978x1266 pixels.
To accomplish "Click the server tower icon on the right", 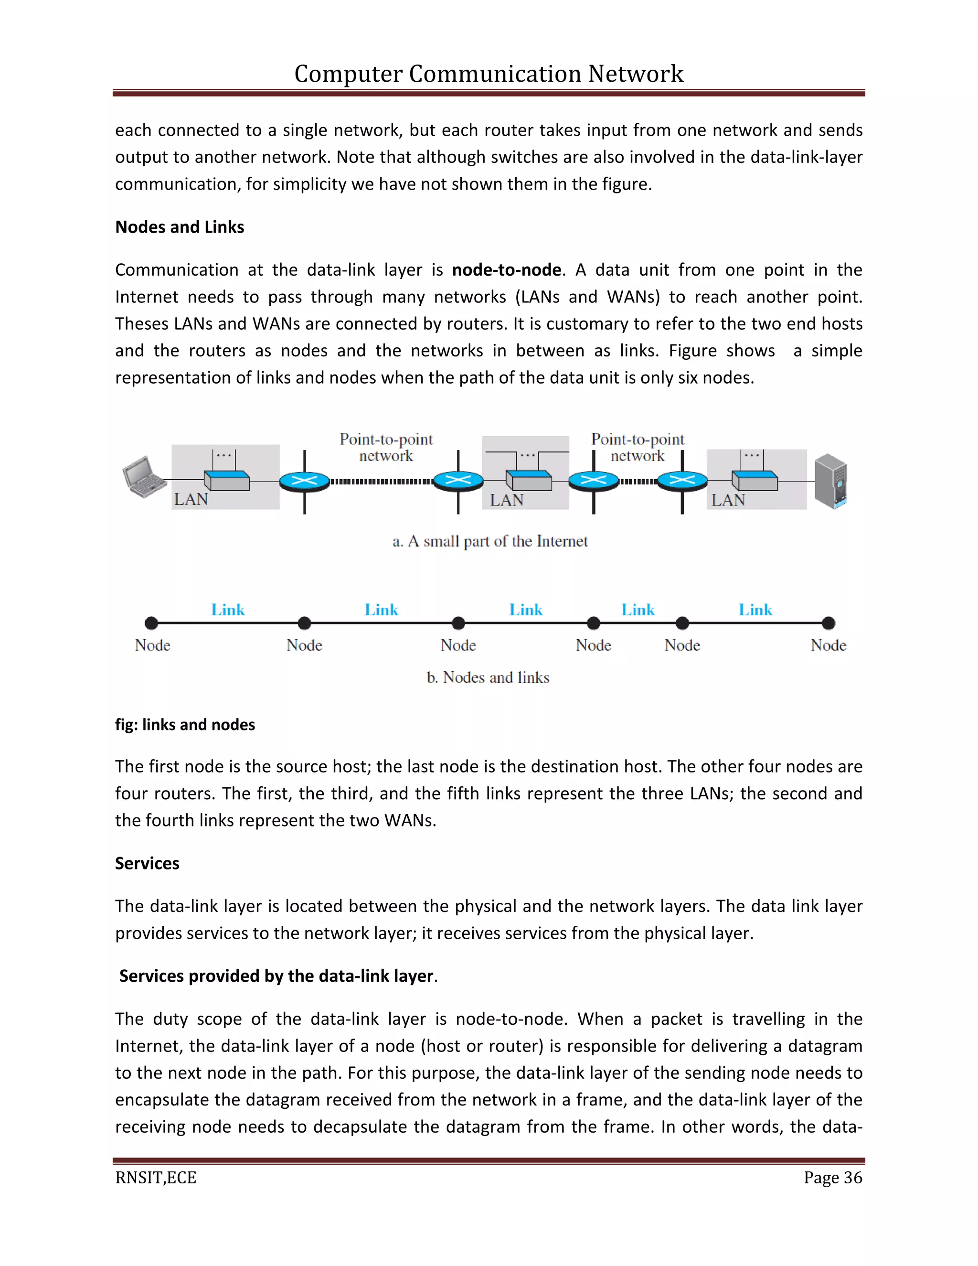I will [831, 481].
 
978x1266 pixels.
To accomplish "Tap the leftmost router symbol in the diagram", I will [304, 481].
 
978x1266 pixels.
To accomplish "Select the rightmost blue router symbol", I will [682, 481].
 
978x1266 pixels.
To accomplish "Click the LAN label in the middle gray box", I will [506, 500].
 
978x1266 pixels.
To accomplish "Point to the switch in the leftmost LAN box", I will [226, 481].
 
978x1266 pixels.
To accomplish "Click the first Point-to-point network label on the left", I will [386, 447].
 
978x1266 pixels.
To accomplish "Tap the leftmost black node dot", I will [151, 623].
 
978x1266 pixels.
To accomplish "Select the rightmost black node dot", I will [829, 623].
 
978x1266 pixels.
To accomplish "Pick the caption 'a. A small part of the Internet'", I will [489, 541].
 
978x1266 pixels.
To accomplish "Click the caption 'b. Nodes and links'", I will [488, 677].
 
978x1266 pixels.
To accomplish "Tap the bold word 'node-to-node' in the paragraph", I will [506, 269].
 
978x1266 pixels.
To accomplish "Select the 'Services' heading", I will [147, 863].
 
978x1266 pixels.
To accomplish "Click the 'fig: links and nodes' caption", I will [185, 725].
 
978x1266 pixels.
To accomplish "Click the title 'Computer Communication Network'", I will [489, 74].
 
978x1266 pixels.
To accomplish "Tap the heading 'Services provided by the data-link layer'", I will [276, 976].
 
